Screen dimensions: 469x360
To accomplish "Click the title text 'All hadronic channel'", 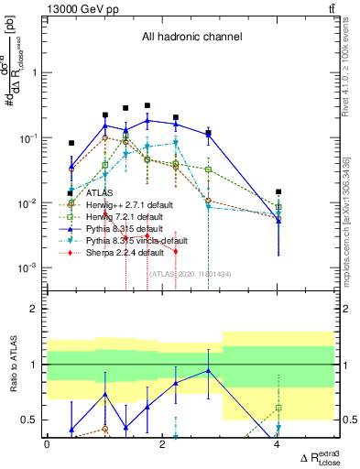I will point(191,38).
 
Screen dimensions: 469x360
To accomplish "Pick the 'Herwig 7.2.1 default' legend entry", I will point(120,216).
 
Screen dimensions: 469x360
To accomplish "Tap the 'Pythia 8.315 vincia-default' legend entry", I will point(130,240).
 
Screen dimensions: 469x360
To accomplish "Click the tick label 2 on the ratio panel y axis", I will point(34,309).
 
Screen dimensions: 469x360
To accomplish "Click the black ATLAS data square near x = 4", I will point(278,191).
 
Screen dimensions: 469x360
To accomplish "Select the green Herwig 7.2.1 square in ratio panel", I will point(278,408).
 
